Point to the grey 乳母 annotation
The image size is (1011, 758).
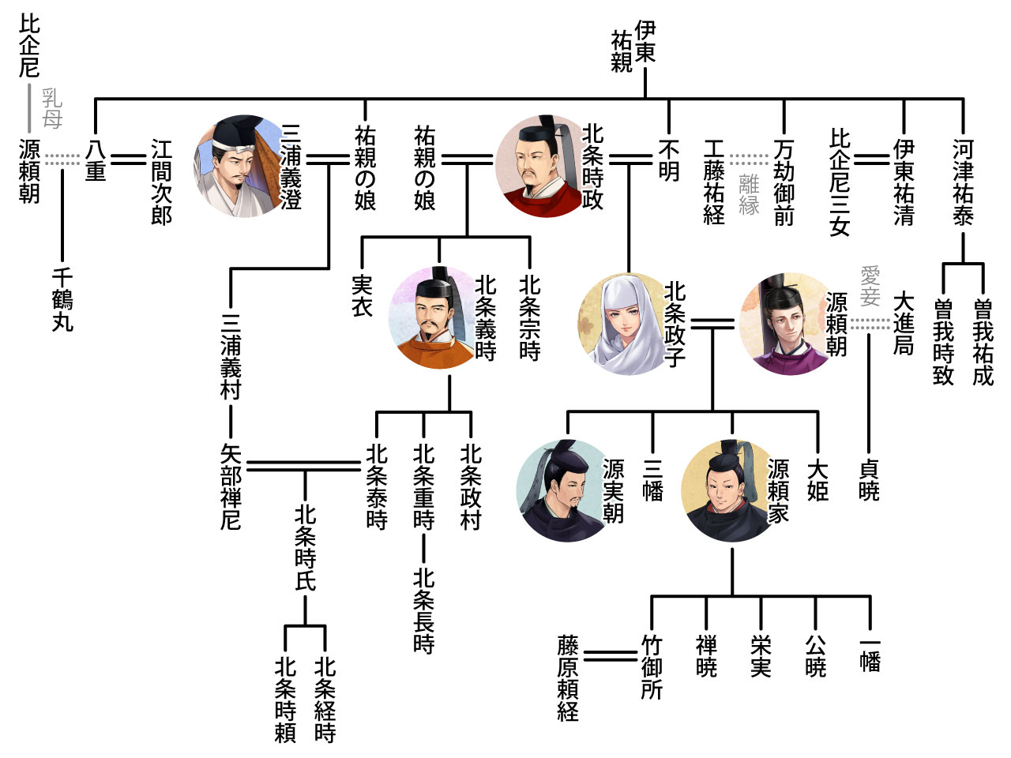coord(52,108)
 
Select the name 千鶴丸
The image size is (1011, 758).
coord(62,300)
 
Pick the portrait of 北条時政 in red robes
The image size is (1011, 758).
coord(542,166)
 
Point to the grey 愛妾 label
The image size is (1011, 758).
coord(870,286)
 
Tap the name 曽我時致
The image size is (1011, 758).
coord(943,342)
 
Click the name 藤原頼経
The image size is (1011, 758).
coord(568,677)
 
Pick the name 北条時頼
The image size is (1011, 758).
coord(285,700)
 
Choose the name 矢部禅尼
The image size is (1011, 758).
coord(231,486)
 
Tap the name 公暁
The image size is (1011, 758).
coord(815,656)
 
